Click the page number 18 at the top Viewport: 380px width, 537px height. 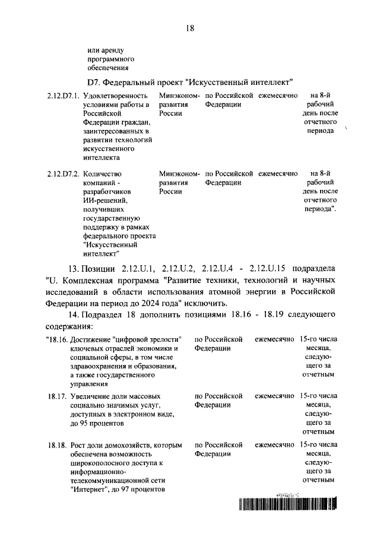(190, 27)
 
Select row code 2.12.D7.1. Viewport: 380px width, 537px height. (62, 96)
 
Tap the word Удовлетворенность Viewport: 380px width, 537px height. (115, 96)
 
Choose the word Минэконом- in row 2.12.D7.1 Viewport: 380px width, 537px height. (179, 96)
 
